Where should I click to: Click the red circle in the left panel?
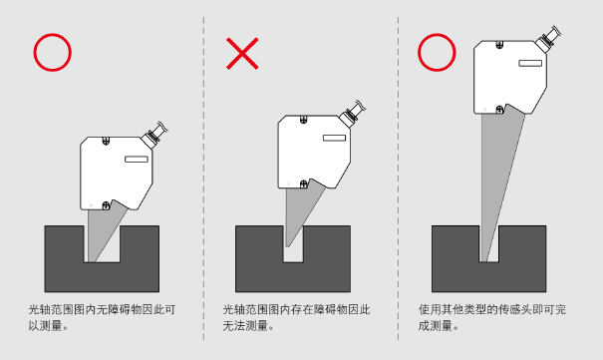[52, 35]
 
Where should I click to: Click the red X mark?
[242, 54]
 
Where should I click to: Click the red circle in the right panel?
[437, 35]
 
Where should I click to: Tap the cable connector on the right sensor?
[548, 38]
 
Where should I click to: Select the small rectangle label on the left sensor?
[137, 160]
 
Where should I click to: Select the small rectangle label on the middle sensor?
[334, 138]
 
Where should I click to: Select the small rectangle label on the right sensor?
[530, 63]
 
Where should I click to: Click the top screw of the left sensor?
[106, 141]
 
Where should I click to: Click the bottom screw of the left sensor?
[106, 205]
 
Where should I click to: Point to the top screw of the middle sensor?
[303, 120]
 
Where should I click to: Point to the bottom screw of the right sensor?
[499, 110]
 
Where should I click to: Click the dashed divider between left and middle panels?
[203, 179]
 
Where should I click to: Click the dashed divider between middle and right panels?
[398, 179]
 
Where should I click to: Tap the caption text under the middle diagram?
[296, 318]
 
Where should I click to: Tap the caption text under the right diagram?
[491, 318]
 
